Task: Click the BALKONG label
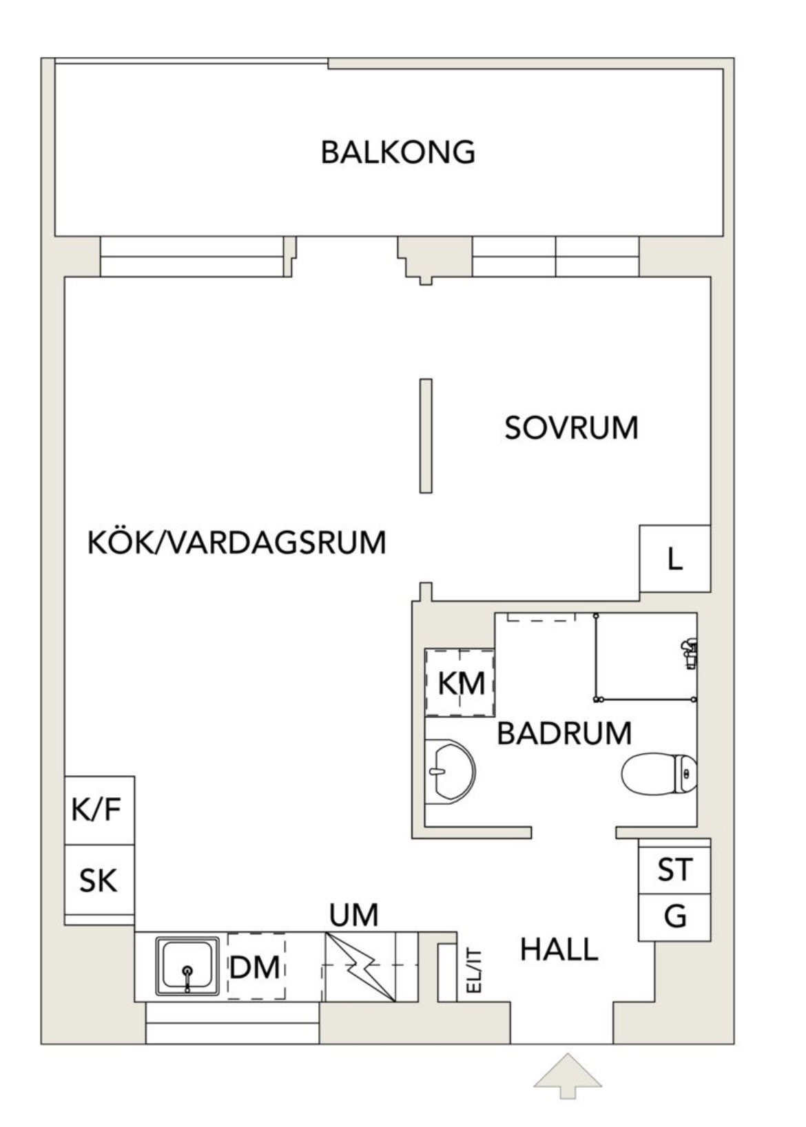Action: click(397, 152)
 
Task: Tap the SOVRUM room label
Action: click(571, 428)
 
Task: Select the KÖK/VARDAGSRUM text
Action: click(236, 543)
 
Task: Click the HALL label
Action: click(559, 949)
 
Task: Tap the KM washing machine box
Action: click(459, 682)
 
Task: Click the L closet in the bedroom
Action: click(674, 558)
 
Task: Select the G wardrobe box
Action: click(674, 918)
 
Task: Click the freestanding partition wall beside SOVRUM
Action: click(426, 436)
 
